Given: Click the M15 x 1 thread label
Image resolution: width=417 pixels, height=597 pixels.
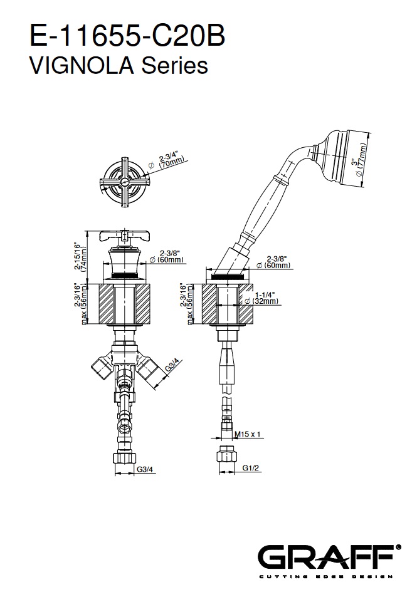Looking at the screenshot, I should tap(248, 433).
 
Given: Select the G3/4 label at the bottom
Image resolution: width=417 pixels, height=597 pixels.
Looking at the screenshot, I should tap(145, 467).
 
